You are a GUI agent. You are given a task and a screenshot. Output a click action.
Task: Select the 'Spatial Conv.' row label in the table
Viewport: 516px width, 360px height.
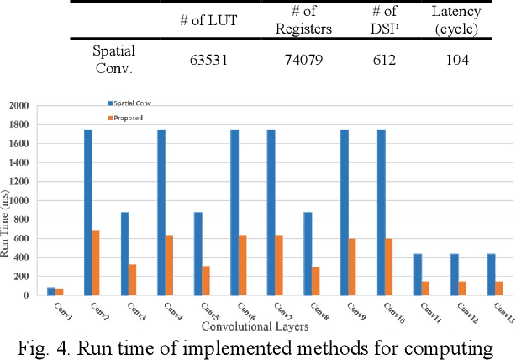[x=113, y=60]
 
